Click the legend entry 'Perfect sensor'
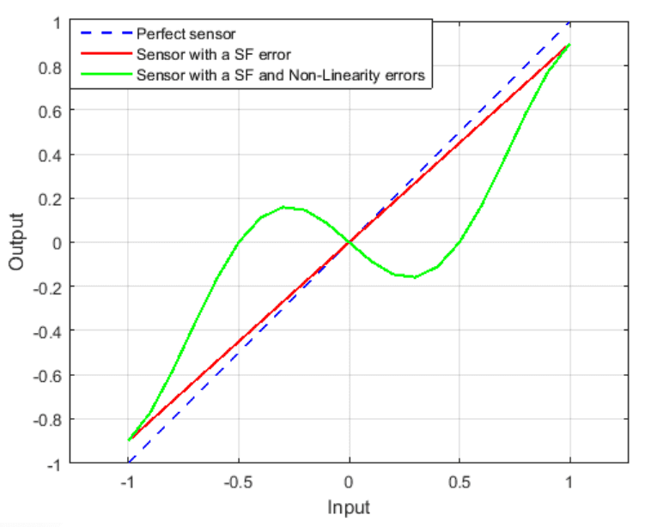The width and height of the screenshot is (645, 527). (x=186, y=34)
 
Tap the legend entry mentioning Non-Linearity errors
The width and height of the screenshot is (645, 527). (x=280, y=75)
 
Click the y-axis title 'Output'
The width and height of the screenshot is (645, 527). (x=16, y=243)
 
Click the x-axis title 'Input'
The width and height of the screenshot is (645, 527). (x=349, y=507)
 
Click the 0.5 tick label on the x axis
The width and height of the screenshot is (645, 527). (x=459, y=481)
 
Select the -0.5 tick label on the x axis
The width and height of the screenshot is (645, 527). (x=237, y=481)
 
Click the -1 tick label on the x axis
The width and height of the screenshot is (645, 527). (x=127, y=481)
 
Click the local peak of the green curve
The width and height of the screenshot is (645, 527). (x=283, y=207)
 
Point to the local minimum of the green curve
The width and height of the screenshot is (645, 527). (x=415, y=277)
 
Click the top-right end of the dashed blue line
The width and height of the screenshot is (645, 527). (x=569, y=22)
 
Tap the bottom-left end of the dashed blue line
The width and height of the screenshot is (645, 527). (x=128, y=463)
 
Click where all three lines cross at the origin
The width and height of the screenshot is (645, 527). (x=349, y=243)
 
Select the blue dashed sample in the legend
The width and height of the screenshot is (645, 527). (x=107, y=34)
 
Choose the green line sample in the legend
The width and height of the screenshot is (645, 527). (x=107, y=75)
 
